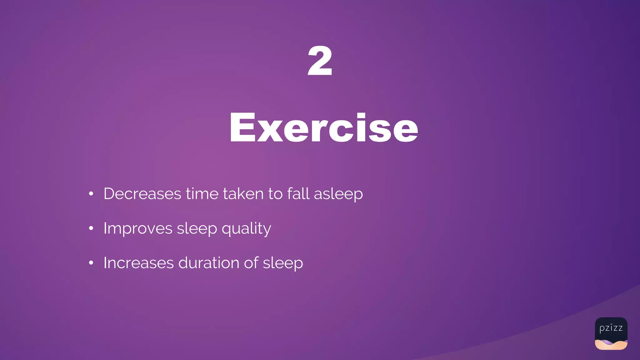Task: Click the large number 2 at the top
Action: click(x=320, y=61)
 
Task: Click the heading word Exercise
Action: click(x=324, y=127)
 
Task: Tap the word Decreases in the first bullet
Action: click(x=142, y=194)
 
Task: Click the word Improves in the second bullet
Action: click(x=138, y=228)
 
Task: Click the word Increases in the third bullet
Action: click(x=138, y=263)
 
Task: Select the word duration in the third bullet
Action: click(x=209, y=263)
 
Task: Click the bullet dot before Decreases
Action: click(x=91, y=194)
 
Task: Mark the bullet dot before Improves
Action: click(x=91, y=228)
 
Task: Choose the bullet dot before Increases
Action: click(x=91, y=263)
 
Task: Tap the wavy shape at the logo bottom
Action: click(x=611, y=344)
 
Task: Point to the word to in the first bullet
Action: click(x=275, y=194)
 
